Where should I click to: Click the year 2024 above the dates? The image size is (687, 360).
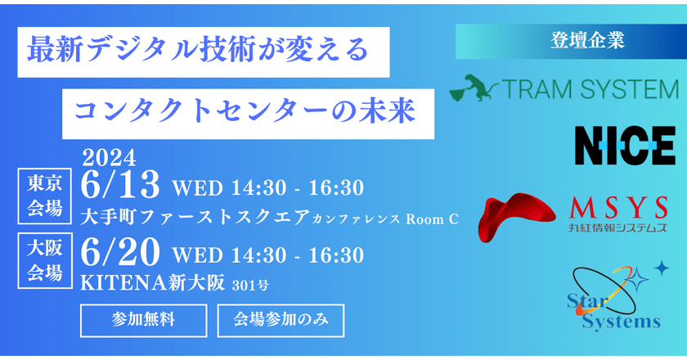(109, 158)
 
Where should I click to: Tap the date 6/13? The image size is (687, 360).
(120, 186)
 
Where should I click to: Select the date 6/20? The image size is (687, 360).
(120, 253)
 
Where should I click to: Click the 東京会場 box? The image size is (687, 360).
(45, 196)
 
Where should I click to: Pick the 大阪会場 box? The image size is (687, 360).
(45, 260)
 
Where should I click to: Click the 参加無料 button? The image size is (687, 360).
(143, 321)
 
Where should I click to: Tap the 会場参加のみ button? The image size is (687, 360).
(281, 321)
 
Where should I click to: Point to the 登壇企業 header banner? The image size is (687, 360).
(571, 41)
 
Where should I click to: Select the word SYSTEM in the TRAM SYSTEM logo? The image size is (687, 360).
(630, 89)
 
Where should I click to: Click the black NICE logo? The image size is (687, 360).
(625, 146)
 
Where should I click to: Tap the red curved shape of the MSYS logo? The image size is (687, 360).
(516, 216)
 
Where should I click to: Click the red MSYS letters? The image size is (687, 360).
(617, 208)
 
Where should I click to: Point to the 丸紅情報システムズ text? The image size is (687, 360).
(617, 227)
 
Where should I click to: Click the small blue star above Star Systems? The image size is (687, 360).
(662, 268)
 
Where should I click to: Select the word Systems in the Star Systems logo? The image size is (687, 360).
(621, 322)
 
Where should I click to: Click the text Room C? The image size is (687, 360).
(432, 218)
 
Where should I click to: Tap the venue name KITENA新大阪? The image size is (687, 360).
(152, 283)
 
